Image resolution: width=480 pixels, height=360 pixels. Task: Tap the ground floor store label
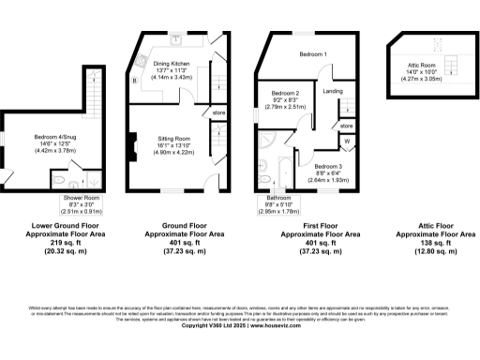tap(219, 113)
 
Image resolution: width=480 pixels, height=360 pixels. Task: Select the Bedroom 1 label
tap(313, 54)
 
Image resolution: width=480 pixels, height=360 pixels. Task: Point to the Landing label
tap(332, 91)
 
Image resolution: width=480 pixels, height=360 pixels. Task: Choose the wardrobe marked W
tap(346, 142)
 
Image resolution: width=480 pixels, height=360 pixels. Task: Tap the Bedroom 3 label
tap(328, 165)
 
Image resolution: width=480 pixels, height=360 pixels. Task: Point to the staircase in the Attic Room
tap(451, 64)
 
